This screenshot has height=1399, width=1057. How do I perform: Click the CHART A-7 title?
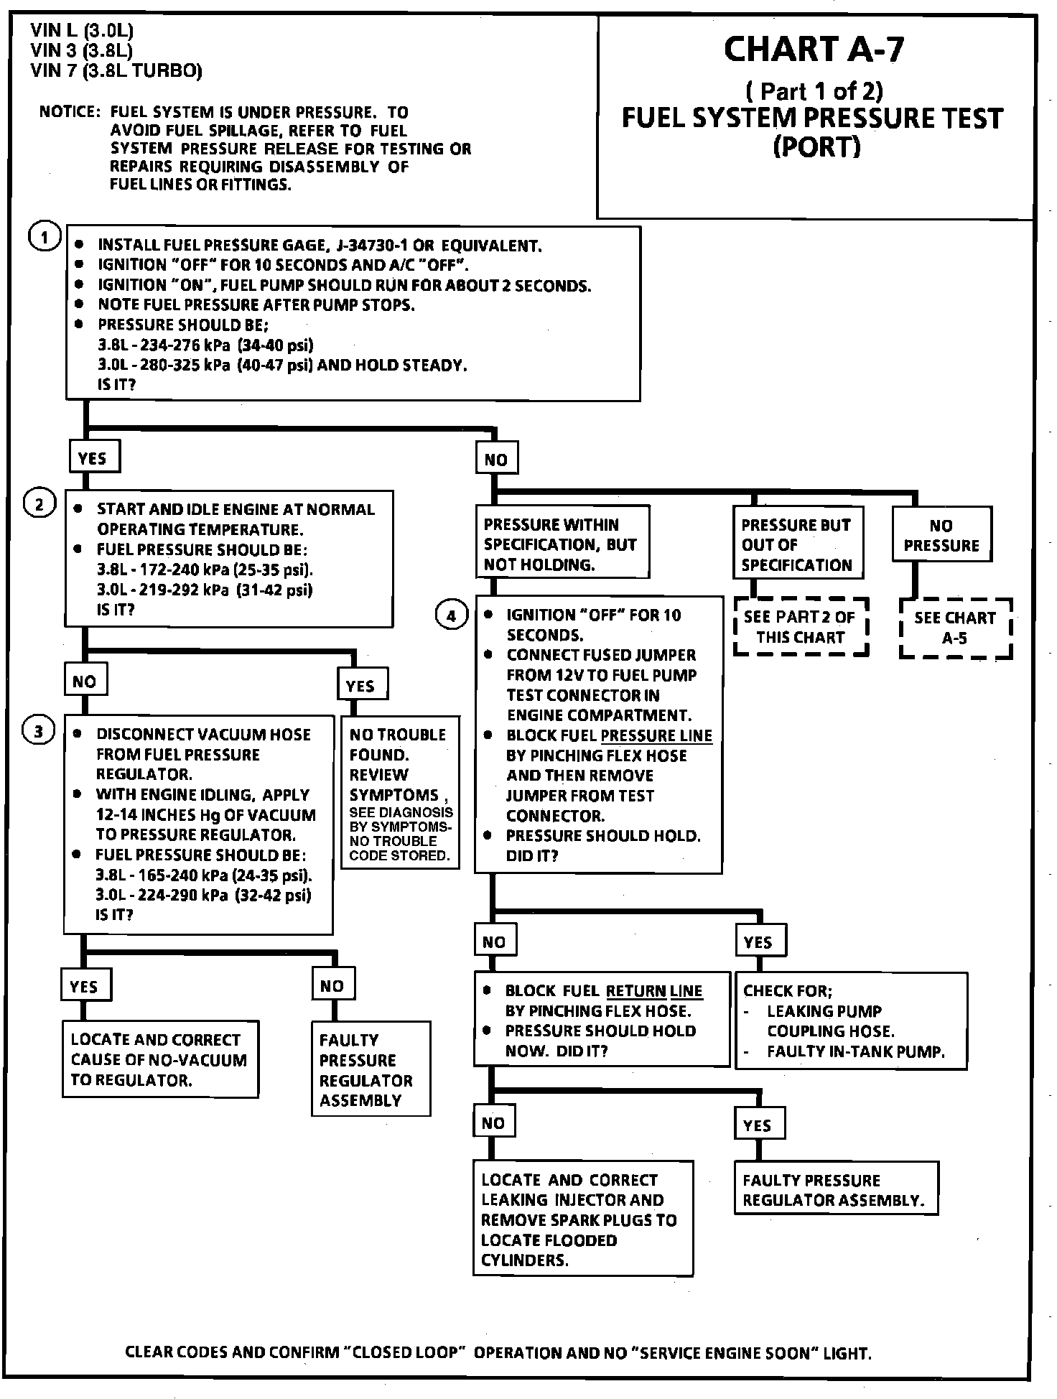click(814, 49)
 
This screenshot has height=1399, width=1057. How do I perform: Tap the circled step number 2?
click(39, 504)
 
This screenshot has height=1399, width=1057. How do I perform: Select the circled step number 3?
click(39, 732)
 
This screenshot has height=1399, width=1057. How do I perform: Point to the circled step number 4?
click(451, 615)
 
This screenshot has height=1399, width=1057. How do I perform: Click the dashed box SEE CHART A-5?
click(955, 628)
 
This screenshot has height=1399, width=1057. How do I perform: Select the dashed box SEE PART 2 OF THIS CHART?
click(800, 627)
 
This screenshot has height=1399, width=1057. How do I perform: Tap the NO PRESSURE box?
click(941, 535)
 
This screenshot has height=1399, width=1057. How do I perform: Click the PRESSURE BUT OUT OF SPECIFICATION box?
click(797, 544)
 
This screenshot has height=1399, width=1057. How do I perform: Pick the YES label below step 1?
click(93, 457)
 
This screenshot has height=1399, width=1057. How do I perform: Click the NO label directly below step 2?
click(85, 681)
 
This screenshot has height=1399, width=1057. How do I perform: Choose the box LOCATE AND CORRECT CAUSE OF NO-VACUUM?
click(159, 1060)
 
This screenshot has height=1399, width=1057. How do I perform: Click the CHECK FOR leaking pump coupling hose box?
click(851, 1021)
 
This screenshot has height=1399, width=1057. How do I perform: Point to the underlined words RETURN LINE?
click(653, 991)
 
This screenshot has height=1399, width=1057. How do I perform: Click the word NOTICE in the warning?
click(68, 112)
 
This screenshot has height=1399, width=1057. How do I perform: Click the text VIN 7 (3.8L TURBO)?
click(116, 70)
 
